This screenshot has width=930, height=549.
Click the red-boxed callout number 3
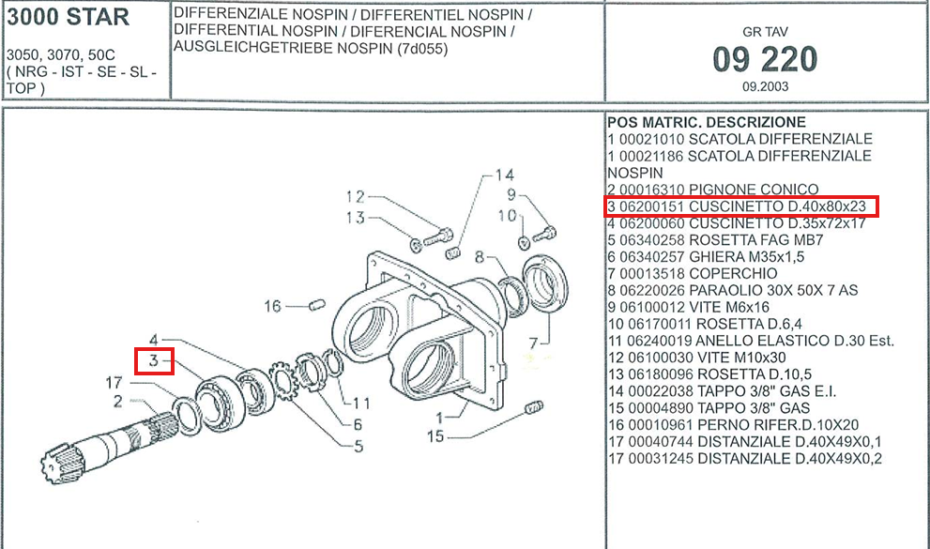[154, 360]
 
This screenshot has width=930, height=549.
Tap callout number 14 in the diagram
[504, 175]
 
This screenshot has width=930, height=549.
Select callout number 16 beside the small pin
[272, 306]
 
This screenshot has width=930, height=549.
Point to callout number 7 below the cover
[533, 343]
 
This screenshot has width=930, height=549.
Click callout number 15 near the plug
[435, 436]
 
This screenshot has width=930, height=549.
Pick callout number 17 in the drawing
[114, 383]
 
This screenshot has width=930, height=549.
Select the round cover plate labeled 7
[545, 281]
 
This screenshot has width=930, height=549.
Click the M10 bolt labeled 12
[437, 237]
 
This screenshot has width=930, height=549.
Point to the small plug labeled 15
[534, 408]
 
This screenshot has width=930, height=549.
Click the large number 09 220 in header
[765, 60]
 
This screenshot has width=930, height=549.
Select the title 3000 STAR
[68, 17]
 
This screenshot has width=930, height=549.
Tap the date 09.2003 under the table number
[765, 86]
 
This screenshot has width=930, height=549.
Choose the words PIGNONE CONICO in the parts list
[754, 190]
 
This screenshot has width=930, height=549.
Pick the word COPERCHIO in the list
[733, 273]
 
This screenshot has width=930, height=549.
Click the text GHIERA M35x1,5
[747, 257]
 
